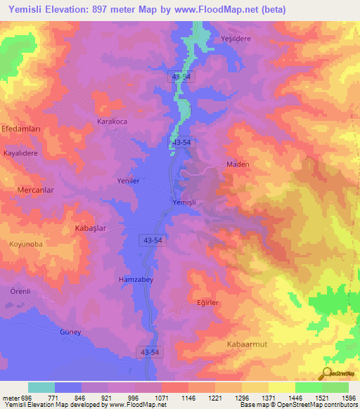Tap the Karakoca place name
[112, 122]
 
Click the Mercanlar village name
[35, 190]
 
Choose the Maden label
[238, 164]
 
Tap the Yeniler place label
[129, 181]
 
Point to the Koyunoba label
[26, 244]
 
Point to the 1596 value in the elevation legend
[345, 398]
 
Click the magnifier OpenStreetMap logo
[328, 374]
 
